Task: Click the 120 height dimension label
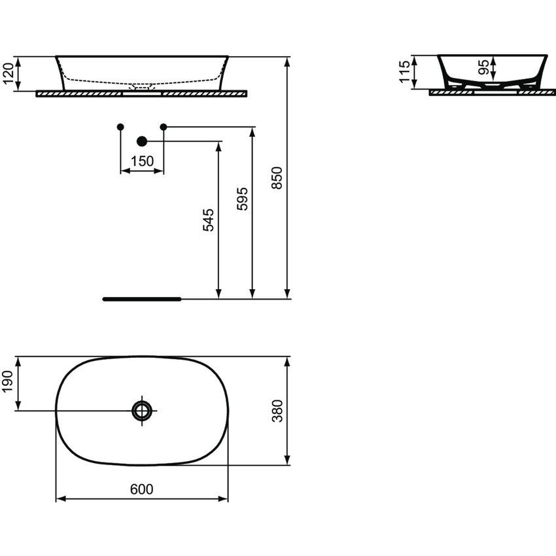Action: [9, 73]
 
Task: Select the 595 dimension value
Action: [242, 198]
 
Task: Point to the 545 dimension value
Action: [208, 220]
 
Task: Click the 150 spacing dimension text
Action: [141, 161]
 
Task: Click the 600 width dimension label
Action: [141, 489]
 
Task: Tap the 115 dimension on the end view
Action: [406, 71]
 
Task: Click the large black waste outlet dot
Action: [141, 141]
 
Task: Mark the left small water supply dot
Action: [120, 126]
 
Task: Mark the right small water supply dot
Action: [164, 126]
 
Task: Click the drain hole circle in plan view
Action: [141, 411]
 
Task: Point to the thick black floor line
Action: [141, 299]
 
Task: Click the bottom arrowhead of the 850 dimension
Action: [288, 295]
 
